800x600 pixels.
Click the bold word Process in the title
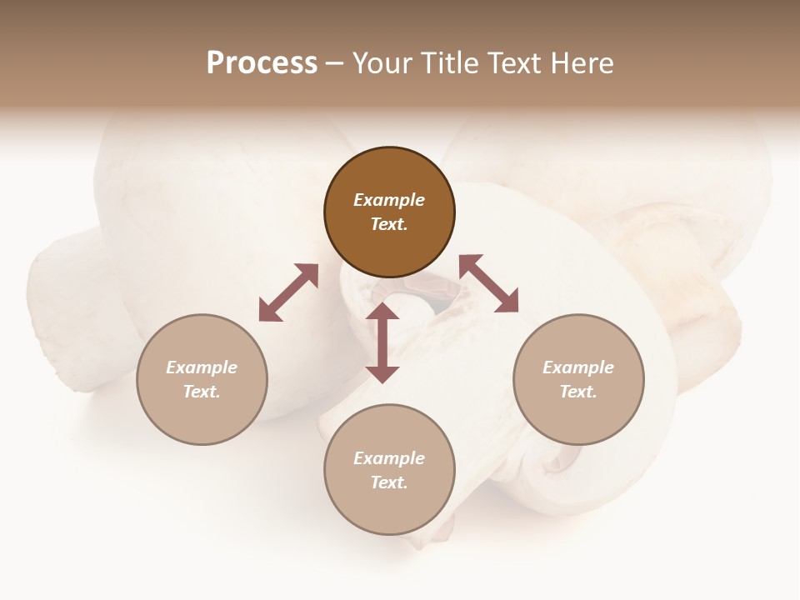click(262, 63)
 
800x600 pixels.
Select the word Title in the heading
click(452, 63)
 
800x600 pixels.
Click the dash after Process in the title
click(334, 64)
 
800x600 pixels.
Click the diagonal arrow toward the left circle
click(288, 292)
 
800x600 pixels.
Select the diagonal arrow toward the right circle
click(489, 283)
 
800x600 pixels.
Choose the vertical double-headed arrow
click(382, 342)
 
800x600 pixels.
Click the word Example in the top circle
click(389, 200)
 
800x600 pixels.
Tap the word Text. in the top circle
click(389, 225)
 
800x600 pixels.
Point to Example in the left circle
click(202, 367)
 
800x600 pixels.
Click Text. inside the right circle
click(578, 392)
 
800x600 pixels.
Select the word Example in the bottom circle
click(389, 458)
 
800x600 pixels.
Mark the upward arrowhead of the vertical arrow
click(382, 312)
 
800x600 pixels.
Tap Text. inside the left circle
click(202, 392)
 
